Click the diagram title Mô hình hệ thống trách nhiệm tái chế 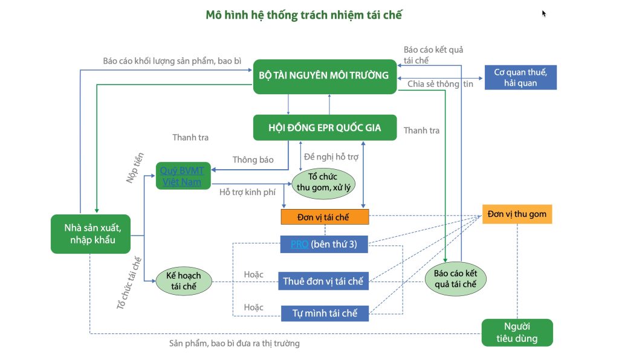[x=303, y=15]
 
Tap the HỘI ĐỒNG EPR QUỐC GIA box [x=325, y=128]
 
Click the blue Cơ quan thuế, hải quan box [x=520, y=77]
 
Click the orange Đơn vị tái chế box [x=325, y=217]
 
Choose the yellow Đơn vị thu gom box [x=517, y=214]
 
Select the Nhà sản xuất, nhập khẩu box [x=89, y=234]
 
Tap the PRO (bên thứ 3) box [x=325, y=244]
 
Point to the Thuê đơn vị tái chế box [x=325, y=281]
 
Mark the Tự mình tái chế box [x=325, y=313]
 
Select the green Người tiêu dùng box [x=517, y=333]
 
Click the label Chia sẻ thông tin [x=440, y=84]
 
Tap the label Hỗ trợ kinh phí [x=245, y=193]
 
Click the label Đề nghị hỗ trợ [x=331, y=156]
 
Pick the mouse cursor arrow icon [x=544, y=13]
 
